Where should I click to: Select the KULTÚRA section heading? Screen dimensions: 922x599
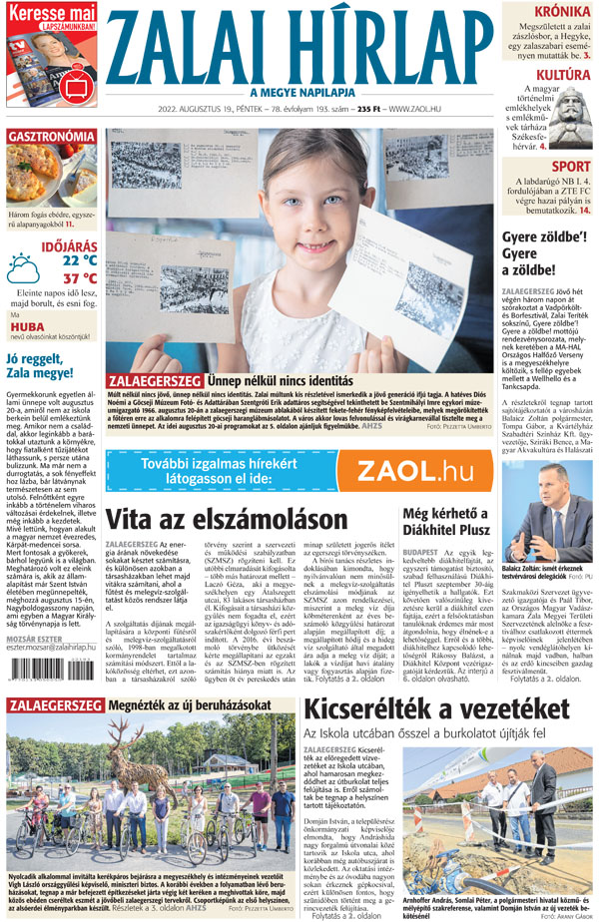pos(557,75)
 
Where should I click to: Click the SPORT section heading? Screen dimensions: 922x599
pos(570,167)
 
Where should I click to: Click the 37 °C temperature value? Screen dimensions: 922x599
pos(80,278)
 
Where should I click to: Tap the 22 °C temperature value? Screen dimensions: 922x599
pos(80,260)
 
